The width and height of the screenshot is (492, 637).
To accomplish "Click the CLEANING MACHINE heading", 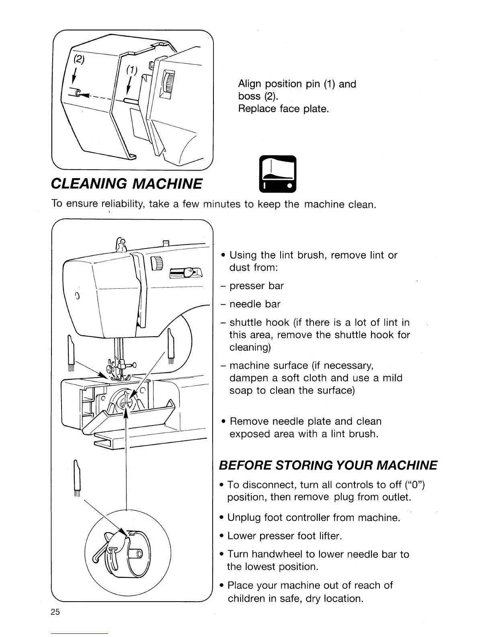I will (x=127, y=184).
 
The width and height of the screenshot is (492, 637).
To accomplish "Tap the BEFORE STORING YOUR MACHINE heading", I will (x=328, y=465).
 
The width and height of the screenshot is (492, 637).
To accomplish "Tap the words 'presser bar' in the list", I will (x=256, y=286).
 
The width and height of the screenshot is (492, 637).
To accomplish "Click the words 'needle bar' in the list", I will (x=255, y=304).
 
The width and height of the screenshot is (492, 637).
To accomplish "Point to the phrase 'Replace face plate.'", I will (x=283, y=109).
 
